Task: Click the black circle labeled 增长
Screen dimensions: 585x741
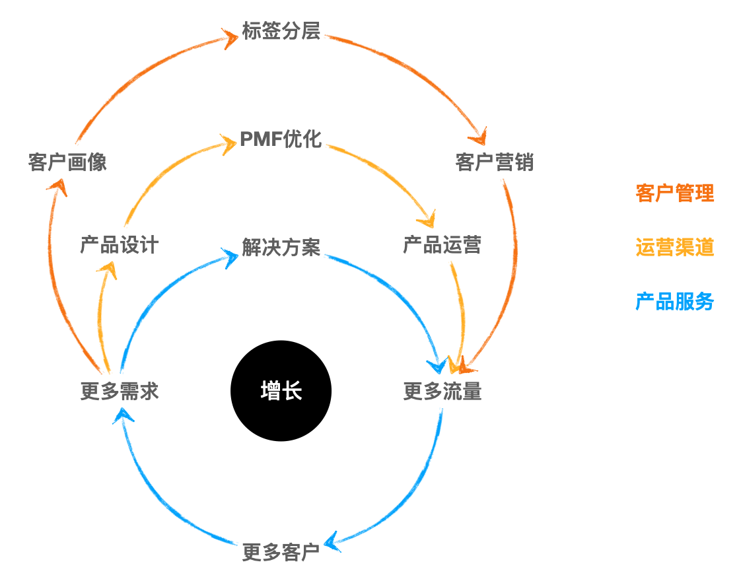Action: click(281, 391)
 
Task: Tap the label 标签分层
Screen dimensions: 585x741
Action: click(281, 31)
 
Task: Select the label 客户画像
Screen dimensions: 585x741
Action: click(67, 162)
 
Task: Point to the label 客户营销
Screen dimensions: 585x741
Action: click(495, 162)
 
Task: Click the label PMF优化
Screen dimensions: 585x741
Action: click(281, 140)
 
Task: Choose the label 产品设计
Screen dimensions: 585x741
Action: click(120, 245)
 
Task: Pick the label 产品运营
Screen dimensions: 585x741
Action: click(442, 245)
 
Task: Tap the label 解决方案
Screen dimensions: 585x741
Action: click(281, 248)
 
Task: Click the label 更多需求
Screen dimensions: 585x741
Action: click(120, 392)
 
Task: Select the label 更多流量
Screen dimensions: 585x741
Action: click(442, 392)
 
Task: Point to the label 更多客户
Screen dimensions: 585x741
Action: click(281, 552)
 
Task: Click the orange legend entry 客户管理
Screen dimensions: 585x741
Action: click(674, 193)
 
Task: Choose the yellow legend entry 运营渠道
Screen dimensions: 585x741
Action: click(674, 248)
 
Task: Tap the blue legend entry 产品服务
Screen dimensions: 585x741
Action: click(674, 302)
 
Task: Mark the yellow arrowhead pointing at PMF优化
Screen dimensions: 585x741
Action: click(229, 143)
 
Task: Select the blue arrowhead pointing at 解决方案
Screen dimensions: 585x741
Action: click(230, 257)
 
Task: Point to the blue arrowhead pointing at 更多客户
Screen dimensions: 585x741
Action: click(334, 542)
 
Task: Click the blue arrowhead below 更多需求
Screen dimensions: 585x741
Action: click(123, 415)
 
